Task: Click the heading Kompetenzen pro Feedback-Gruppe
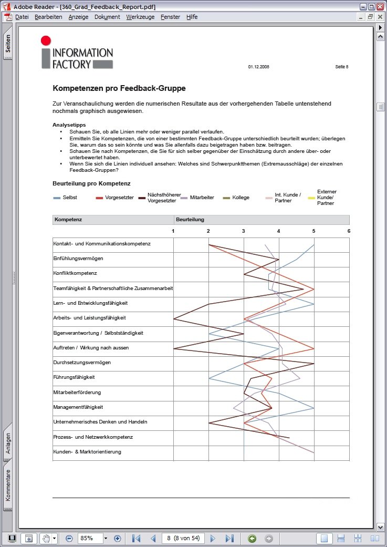119,88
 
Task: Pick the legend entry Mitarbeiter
202,198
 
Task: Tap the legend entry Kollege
240,198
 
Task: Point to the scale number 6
349,231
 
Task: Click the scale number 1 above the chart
173,231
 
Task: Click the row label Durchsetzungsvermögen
82,363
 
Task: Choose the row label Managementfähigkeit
78,407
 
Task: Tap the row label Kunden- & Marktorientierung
87,452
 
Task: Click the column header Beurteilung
190,219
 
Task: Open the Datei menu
22,17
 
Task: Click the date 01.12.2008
258,67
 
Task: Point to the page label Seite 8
341,67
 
